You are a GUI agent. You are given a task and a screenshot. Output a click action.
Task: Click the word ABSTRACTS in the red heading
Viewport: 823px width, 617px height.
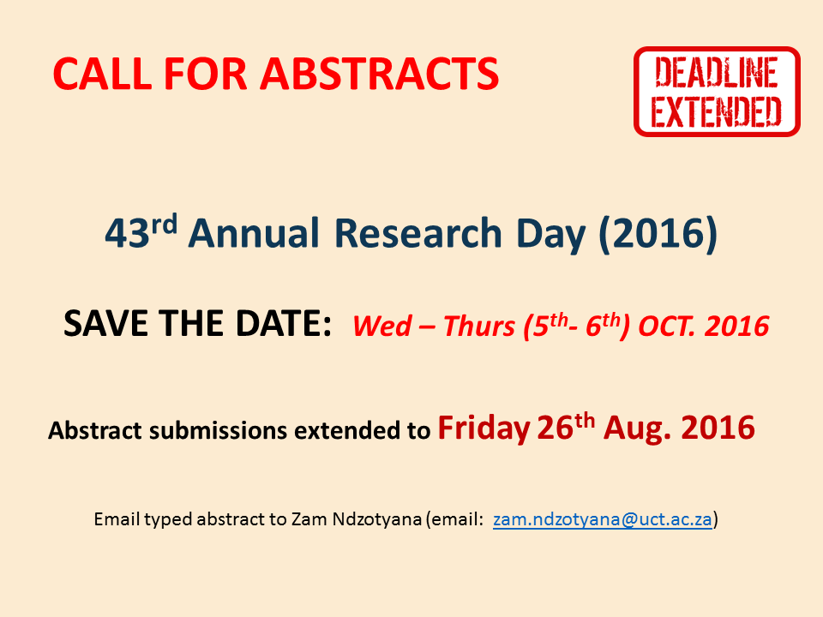click(379, 74)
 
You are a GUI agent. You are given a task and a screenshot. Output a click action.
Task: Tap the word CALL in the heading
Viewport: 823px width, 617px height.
click(102, 74)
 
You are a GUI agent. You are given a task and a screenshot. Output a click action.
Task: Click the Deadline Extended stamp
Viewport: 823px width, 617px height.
click(717, 92)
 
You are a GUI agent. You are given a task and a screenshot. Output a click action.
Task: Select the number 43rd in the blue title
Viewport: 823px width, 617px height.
click(141, 231)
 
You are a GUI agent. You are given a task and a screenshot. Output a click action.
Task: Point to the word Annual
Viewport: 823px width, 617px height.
click(254, 232)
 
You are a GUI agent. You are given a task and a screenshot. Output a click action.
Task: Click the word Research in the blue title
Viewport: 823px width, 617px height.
click(418, 232)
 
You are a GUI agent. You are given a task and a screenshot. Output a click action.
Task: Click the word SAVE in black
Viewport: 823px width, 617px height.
click(106, 323)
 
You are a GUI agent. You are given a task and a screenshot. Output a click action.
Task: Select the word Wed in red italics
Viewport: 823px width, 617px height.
click(382, 326)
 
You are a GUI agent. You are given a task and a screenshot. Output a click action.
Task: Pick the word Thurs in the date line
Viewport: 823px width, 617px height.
click(478, 326)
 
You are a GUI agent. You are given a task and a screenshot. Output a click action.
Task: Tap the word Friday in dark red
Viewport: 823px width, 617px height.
click(484, 428)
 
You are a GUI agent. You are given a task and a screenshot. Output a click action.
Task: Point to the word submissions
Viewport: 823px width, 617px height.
click(218, 430)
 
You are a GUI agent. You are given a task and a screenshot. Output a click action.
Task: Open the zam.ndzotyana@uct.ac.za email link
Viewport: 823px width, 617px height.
click(603, 519)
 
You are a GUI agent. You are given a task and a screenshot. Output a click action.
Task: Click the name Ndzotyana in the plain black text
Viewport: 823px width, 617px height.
click(377, 519)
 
